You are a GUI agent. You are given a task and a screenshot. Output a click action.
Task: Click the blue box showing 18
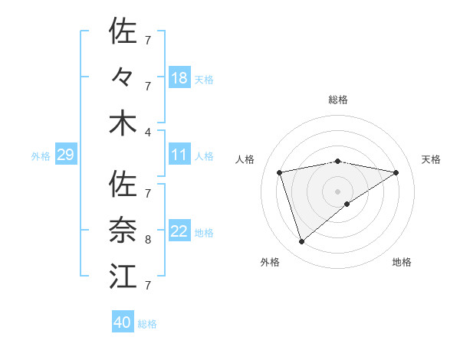pos(179,78)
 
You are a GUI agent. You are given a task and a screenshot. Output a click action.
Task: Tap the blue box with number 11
pos(179,155)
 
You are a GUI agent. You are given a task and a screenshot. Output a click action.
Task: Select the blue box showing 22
pos(179,232)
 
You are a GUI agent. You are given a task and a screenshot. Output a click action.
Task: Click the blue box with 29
pos(65,155)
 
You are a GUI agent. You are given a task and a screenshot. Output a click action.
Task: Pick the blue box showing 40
pos(123,322)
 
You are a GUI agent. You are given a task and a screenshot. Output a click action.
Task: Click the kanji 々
pos(123,77)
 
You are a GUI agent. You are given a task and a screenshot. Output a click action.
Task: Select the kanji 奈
pos(123,231)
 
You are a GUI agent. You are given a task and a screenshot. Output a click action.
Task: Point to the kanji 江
pos(123,277)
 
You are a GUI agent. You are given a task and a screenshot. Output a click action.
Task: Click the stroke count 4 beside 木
pos(148,132)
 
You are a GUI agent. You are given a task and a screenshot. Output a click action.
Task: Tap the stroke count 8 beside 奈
pos(148,240)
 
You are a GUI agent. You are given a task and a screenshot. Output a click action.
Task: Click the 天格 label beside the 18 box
pos(204,79)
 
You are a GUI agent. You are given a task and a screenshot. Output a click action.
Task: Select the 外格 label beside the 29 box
pos(41,156)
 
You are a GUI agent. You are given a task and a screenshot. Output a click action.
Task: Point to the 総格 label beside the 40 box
pos(147,323)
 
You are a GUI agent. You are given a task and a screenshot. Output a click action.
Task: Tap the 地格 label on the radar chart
pos(402,262)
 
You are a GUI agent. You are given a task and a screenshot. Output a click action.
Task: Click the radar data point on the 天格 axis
pos(396,172)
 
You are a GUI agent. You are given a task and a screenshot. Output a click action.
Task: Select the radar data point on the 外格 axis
pos(301,242)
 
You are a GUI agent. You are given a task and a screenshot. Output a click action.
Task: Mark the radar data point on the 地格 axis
pos(347,204)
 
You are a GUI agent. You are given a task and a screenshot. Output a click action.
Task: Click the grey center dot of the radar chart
pos(338,191)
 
